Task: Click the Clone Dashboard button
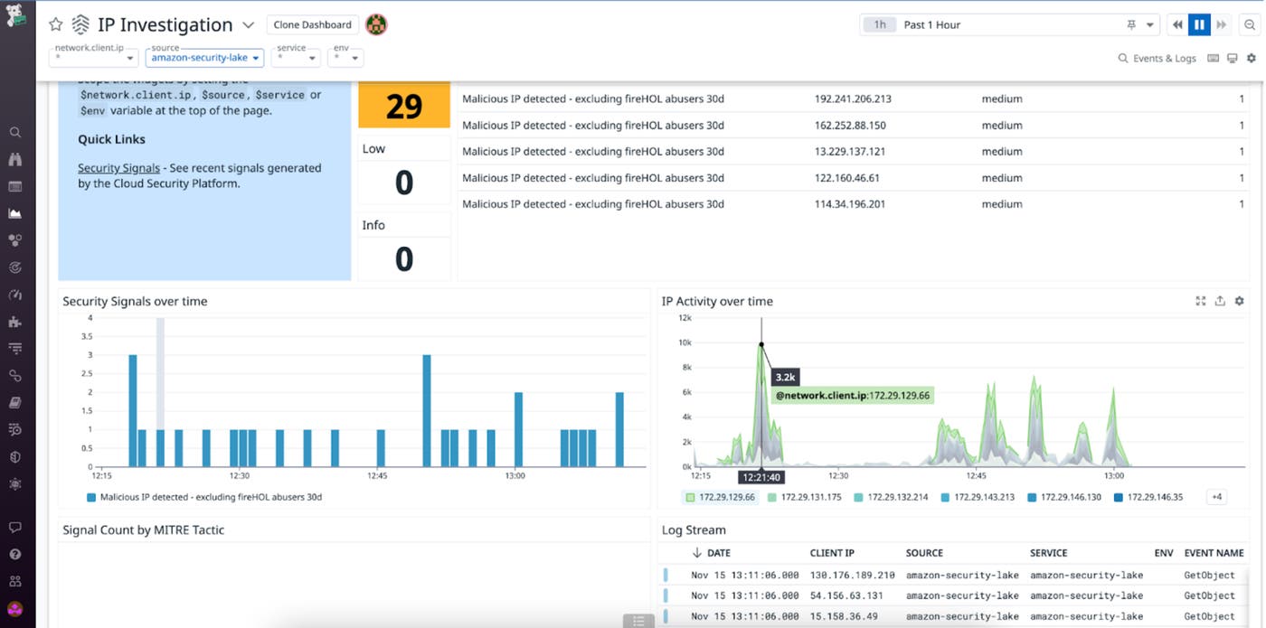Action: pos(313,25)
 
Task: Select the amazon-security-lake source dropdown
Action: pos(204,58)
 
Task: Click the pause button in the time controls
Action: pos(1200,25)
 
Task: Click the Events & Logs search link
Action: pos(1157,59)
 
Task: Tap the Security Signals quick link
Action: pos(118,168)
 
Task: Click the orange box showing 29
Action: pos(404,107)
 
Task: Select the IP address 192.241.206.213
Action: pos(853,98)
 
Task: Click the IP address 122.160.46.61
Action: pos(847,178)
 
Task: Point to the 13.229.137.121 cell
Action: pos(850,152)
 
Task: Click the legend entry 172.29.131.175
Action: pos(810,497)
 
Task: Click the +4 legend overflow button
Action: pos(1216,497)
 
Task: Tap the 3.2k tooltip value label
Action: pos(786,376)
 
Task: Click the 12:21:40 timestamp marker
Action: pos(761,475)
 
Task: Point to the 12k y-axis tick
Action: pos(685,318)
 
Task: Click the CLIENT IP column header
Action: pos(832,553)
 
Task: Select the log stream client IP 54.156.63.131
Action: pos(847,595)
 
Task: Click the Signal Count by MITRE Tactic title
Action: pos(143,530)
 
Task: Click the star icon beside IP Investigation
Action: pos(56,25)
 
